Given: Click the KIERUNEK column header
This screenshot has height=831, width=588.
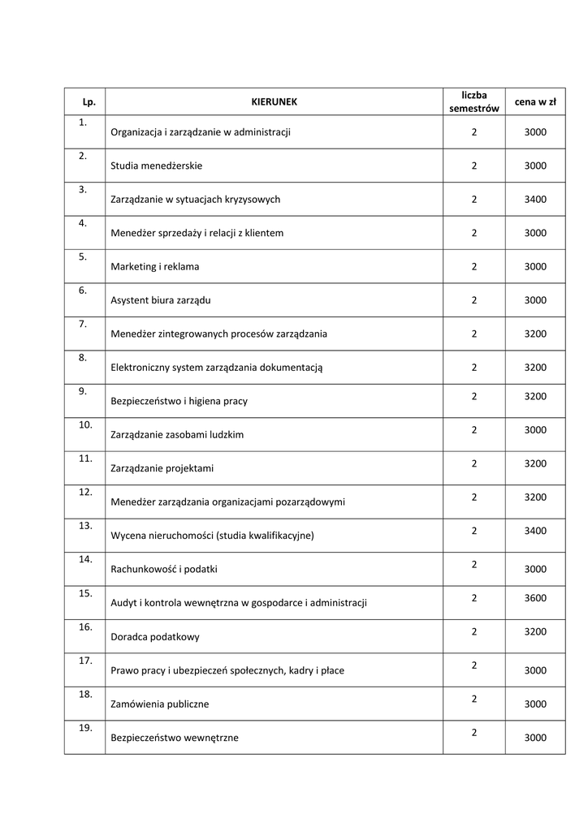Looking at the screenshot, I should point(274,102).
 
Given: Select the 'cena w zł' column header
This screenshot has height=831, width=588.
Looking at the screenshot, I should point(535,102).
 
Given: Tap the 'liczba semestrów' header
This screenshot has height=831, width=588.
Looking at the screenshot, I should point(473,102).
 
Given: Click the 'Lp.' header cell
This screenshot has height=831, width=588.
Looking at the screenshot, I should point(89,102).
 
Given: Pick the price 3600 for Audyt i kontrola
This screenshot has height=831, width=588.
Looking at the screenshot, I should point(535,598).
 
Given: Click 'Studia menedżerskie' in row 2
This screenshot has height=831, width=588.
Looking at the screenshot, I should point(157,166).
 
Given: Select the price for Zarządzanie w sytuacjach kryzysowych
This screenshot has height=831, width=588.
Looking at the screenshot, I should point(535,199).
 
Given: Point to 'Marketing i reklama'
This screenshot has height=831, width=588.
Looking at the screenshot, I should point(155,266).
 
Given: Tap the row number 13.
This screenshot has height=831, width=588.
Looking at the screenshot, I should point(85,526).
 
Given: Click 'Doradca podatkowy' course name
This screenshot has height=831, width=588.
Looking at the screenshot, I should point(155,637).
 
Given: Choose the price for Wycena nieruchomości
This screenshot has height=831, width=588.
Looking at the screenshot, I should point(535,531).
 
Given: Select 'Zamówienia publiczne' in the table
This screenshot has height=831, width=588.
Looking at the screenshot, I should point(160,704).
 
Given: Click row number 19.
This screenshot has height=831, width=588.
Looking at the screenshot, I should point(85,728).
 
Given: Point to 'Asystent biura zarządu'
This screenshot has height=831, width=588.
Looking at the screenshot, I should point(161,300).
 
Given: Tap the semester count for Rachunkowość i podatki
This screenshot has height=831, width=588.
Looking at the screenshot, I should point(473,564).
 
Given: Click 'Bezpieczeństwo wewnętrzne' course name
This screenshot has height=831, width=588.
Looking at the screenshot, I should point(175,738).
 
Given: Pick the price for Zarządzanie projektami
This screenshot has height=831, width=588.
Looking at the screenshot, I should point(535,463).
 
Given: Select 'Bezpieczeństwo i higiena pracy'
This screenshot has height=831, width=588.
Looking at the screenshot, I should point(179,401).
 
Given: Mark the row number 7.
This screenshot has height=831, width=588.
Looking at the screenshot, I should point(83,324).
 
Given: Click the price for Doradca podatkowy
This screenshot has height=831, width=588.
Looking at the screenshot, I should point(535,631).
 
